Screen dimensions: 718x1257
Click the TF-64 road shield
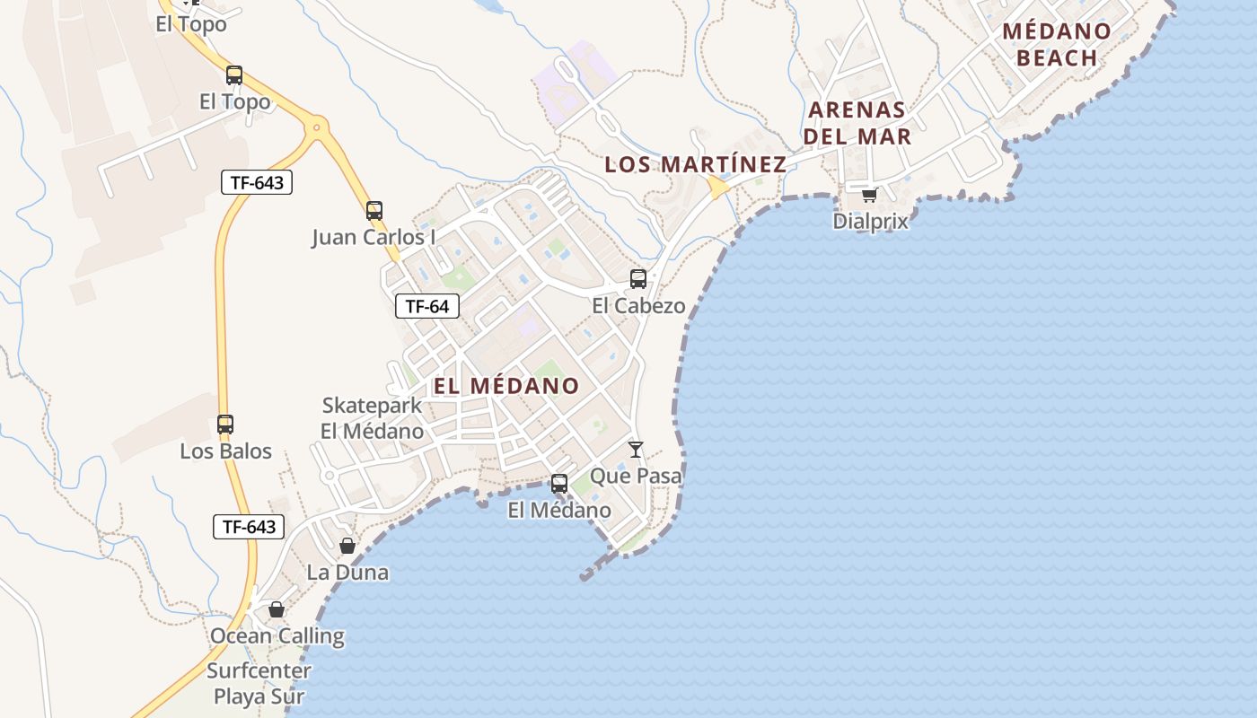point(427,306)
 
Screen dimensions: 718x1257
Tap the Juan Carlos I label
point(374,238)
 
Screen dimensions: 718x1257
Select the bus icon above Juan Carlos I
point(374,211)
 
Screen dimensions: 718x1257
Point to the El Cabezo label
point(638,306)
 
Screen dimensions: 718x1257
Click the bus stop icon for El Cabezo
point(638,279)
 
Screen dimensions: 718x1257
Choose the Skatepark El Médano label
point(372,418)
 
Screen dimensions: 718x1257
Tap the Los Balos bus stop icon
point(225,425)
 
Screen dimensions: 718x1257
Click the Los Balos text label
point(225,451)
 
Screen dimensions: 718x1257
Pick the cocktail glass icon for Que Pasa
point(636,449)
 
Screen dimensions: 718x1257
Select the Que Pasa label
point(636,476)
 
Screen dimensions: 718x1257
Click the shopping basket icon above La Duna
point(347,546)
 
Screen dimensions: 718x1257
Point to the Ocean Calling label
point(277,636)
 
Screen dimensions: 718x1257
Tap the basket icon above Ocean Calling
point(277,610)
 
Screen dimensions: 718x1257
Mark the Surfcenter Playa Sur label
point(259,683)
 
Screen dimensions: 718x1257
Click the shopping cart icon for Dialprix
point(869,195)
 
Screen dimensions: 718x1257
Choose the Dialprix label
point(870,221)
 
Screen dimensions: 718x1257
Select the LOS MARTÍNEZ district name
point(695,164)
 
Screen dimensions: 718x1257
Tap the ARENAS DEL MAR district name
point(857,123)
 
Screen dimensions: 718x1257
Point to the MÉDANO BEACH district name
point(1057,44)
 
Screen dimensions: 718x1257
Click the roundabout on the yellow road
point(315,127)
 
